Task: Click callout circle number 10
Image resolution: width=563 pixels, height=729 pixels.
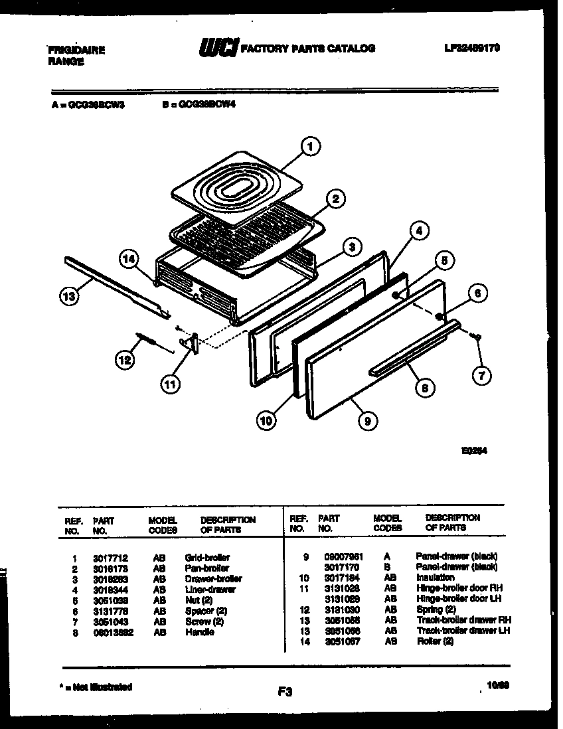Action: (266, 419)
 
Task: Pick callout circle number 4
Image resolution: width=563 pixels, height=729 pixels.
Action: (418, 232)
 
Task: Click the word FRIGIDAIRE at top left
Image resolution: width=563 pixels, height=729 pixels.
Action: (76, 50)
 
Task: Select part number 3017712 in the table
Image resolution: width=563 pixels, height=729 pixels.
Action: (107, 558)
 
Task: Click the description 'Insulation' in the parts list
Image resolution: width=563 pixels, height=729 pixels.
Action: (435, 578)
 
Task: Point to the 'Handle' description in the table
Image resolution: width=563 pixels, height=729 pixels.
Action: (199, 632)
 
